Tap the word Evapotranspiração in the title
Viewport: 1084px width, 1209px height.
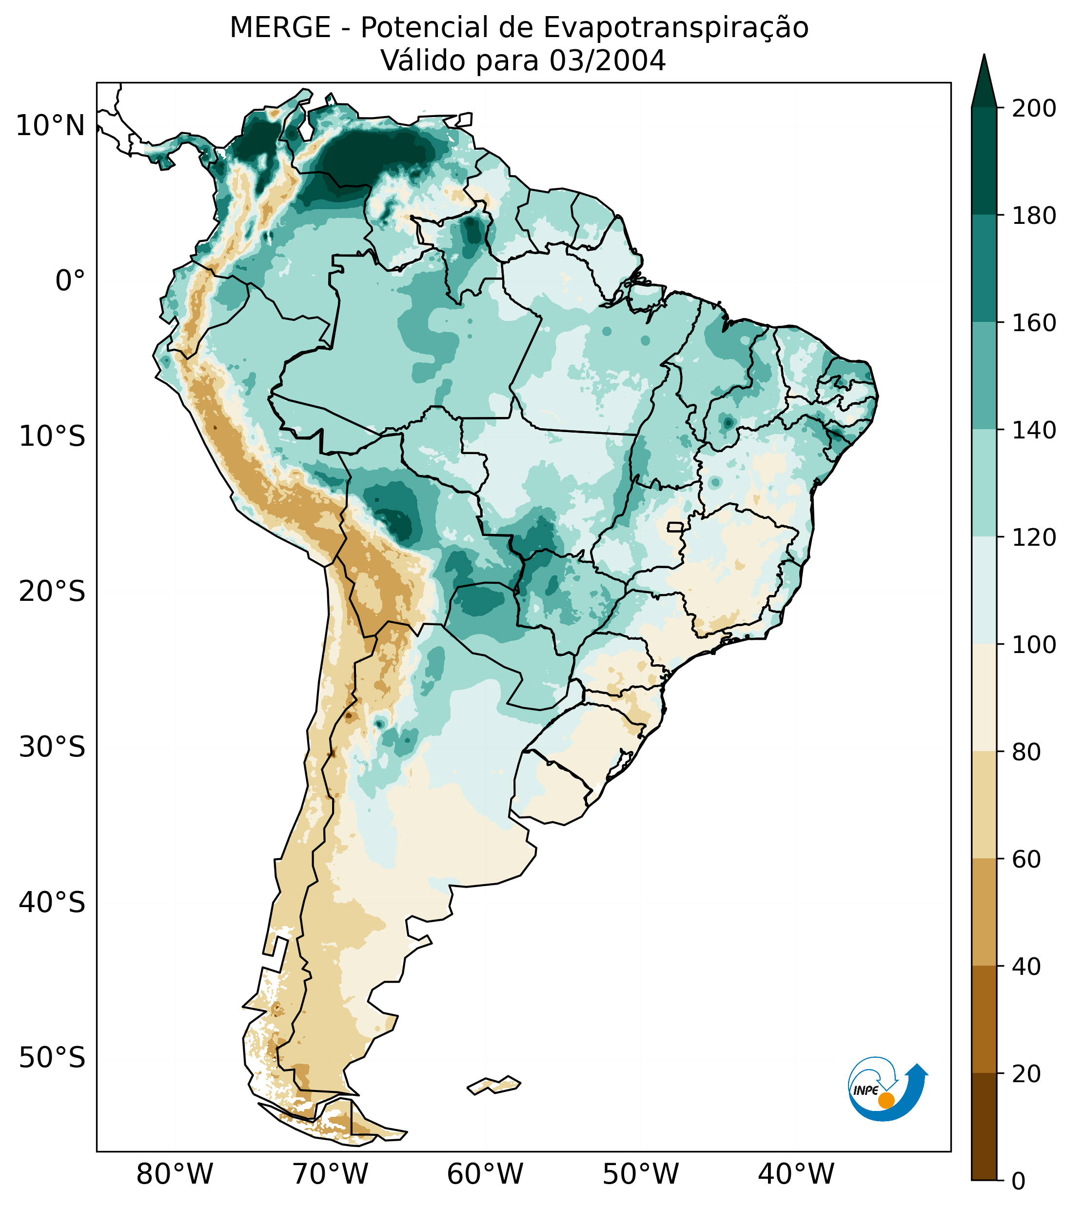(676, 28)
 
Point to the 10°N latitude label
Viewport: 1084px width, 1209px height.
(51, 126)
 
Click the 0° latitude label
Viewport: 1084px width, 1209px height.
(70, 281)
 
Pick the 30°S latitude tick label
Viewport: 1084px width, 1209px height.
(52, 748)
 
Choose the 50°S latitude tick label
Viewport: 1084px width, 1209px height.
(52, 1058)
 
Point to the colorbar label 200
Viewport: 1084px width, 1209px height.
(1034, 109)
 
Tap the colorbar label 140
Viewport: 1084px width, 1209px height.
(1034, 431)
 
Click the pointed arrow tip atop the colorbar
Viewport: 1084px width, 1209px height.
(984, 62)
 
